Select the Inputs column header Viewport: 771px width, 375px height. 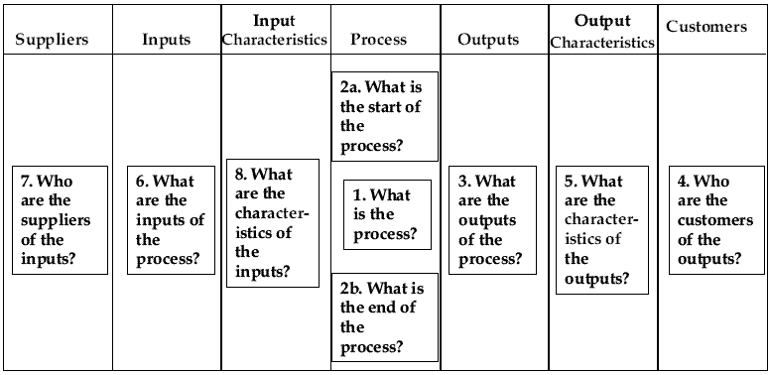(166, 40)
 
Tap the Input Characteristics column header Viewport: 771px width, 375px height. (275, 30)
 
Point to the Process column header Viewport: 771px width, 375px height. (378, 40)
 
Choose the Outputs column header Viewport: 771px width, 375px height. (488, 40)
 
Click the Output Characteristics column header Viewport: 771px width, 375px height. (602, 31)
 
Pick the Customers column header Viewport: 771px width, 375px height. (707, 27)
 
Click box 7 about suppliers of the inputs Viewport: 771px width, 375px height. (60, 220)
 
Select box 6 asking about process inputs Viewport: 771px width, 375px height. (172, 220)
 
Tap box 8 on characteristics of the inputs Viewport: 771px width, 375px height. (273, 223)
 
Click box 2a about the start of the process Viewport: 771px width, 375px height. (384, 116)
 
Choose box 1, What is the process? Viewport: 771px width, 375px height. (387, 214)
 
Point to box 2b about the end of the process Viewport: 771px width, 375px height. (384, 317)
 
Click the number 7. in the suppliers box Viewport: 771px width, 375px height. (28, 182)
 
